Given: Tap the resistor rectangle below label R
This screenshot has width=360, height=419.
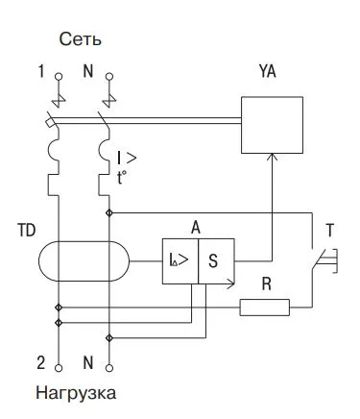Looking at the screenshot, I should (264, 308).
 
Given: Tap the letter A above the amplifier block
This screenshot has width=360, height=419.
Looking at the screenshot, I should (196, 227).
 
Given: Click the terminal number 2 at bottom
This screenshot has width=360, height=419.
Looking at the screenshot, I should (41, 362).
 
